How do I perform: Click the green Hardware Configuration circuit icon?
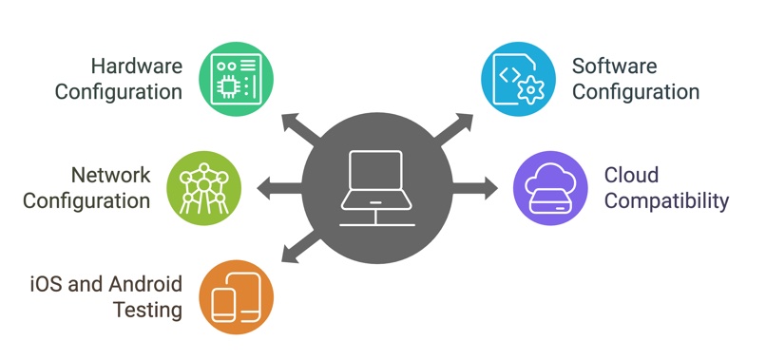pyautogui.click(x=235, y=78)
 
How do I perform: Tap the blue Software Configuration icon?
pyautogui.click(x=518, y=78)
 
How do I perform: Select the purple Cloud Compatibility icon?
pyautogui.click(x=550, y=187)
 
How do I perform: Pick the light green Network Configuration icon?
pyautogui.click(x=204, y=187)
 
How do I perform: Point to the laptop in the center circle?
pyautogui.click(x=377, y=185)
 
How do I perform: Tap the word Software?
pyautogui.click(x=614, y=66)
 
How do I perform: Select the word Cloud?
pyautogui.click(x=632, y=176)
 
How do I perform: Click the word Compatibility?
pyautogui.click(x=667, y=201)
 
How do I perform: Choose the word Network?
pyautogui.click(x=111, y=176)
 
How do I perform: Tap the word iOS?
pyautogui.click(x=48, y=284)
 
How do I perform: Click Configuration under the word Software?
pyautogui.click(x=635, y=92)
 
